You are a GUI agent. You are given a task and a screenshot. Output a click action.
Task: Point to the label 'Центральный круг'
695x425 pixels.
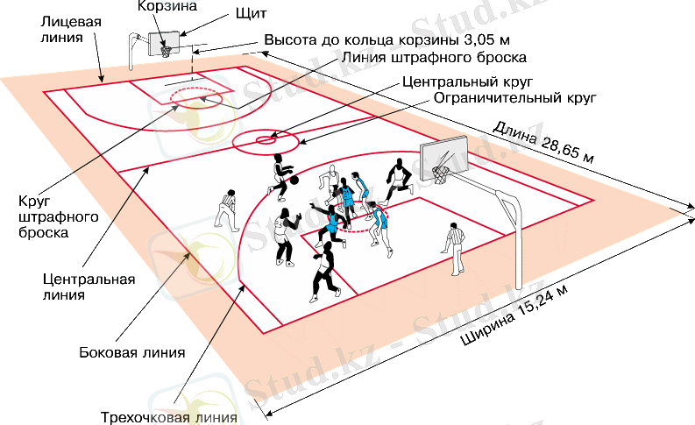tap(456, 80)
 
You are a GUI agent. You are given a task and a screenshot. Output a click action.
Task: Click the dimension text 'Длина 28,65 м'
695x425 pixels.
tap(543, 143)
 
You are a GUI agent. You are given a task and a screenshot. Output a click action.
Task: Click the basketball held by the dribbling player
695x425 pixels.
tap(294, 181)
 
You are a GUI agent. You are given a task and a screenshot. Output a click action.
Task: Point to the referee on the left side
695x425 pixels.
tap(228, 210)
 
